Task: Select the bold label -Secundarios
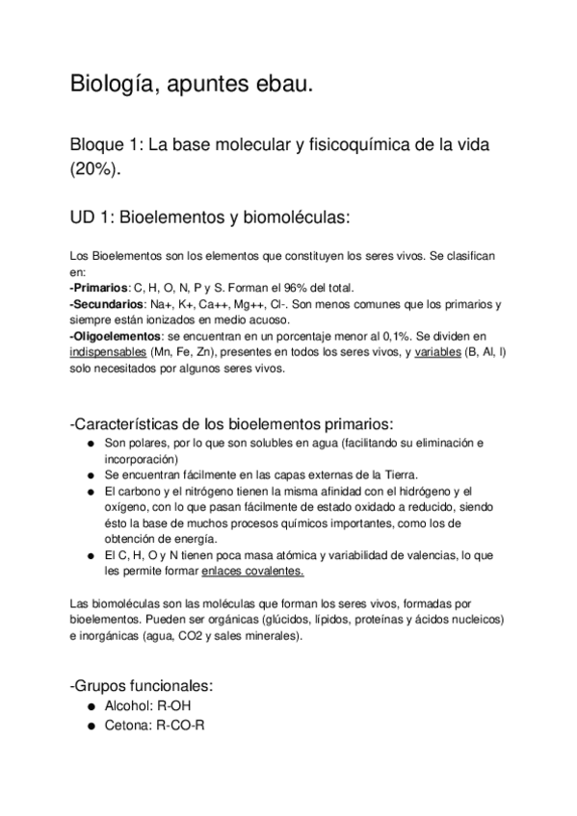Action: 108,304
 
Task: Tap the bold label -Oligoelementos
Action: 117,336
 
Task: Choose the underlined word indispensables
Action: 108,352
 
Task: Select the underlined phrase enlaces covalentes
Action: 253,571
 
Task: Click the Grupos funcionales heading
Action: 142,686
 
